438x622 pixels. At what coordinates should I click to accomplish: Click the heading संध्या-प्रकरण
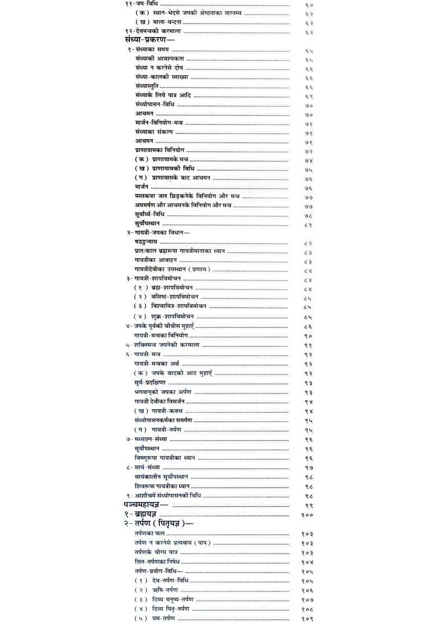pos(149,40)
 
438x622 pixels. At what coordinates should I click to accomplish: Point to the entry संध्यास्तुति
pos(147,86)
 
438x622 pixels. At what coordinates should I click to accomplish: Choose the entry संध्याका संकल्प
pos(154,132)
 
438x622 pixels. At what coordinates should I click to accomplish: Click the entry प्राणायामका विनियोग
pos(159,150)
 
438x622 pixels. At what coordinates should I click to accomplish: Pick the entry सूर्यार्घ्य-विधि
pos(149,214)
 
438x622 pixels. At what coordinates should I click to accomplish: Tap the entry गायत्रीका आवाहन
pos(156,260)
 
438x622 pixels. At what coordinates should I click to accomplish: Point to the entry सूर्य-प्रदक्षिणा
pos(150,382)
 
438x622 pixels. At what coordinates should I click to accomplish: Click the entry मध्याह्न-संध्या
pos(147,439)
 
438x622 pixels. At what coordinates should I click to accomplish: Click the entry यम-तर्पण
pos(163,618)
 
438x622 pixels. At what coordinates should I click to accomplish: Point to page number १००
pos(307,515)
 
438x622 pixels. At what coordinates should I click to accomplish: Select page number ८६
pos(308,326)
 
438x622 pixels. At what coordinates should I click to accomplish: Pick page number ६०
pos(309,4)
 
